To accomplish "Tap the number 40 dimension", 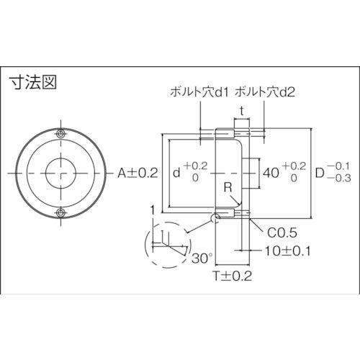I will tap(271, 173).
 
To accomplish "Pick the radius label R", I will tap(228, 189).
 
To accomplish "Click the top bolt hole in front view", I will tap(62, 135).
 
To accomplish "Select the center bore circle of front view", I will tap(62, 173).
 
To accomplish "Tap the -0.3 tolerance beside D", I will tap(341, 180).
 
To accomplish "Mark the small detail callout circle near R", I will tap(215, 215).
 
